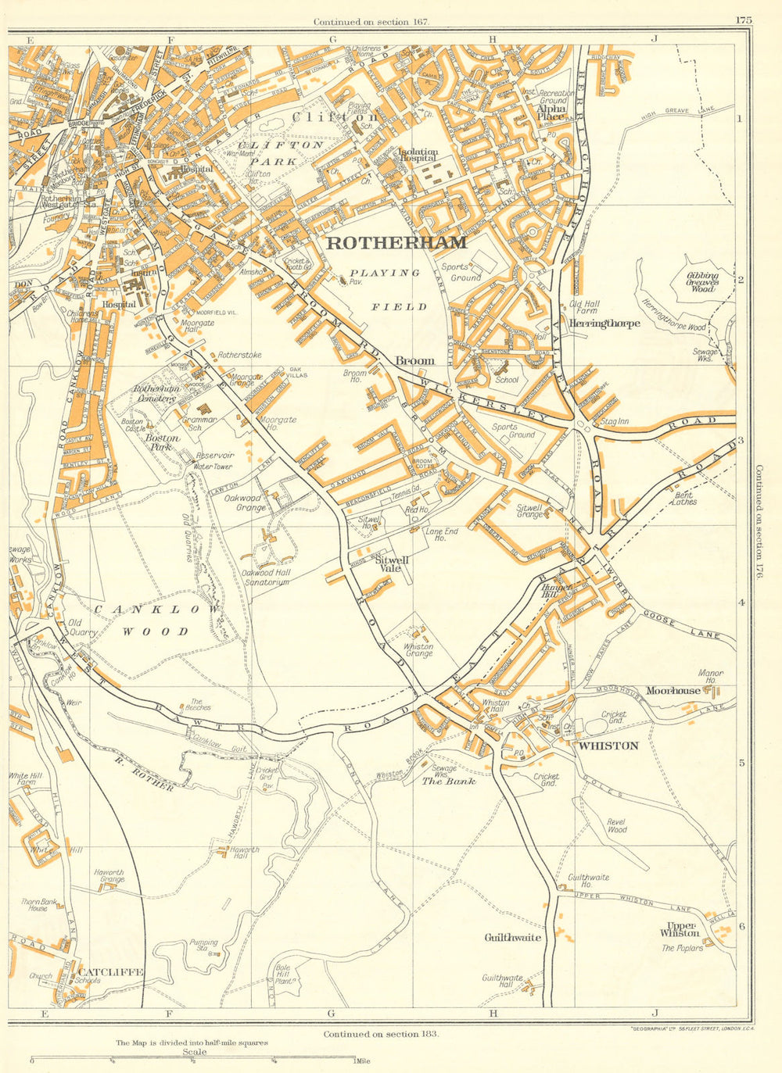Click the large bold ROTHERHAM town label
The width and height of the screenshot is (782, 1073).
coord(396,242)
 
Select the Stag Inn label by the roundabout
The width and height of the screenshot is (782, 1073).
coord(615,422)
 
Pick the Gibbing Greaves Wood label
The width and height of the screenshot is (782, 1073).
coord(701,282)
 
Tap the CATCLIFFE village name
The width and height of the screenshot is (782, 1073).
coord(110,971)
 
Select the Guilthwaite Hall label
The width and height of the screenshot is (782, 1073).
coord(502,982)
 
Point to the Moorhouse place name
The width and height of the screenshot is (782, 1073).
coord(673,691)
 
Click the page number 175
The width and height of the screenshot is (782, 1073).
coord(743,21)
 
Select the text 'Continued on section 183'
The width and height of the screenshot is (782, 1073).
coord(381,1033)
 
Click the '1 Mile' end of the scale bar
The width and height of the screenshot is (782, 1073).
coord(361,1060)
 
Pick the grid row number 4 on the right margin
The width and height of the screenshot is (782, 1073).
coord(741,603)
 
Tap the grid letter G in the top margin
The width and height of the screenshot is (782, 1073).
coord(332,38)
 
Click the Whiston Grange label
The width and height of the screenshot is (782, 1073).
coord(418,649)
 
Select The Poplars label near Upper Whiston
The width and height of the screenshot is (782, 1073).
coord(682,948)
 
